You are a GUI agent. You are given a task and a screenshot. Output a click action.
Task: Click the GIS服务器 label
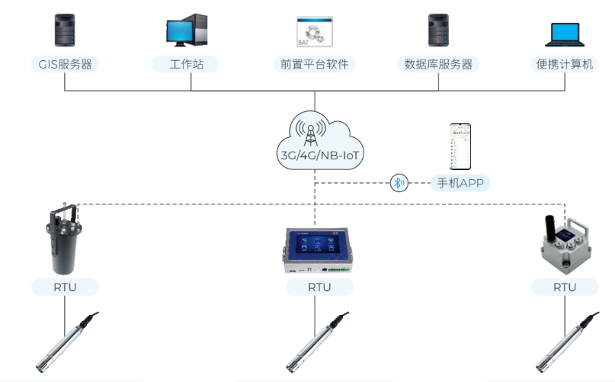click(x=65, y=64)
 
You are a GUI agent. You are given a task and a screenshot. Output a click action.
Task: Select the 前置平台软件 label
click(x=314, y=64)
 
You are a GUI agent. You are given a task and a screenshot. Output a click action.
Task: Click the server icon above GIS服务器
click(x=64, y=30)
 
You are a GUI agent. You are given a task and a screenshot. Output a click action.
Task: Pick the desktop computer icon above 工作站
click(x=187, y=30)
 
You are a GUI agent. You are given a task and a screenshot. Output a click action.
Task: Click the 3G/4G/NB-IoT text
click(x=319, y=156)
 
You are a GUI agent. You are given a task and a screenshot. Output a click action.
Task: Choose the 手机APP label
click(x=460, y=183)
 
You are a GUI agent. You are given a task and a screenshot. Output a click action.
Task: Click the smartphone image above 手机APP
click(x=459, y=146)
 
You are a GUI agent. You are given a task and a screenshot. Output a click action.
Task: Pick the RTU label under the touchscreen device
click(x=319, y=287)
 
